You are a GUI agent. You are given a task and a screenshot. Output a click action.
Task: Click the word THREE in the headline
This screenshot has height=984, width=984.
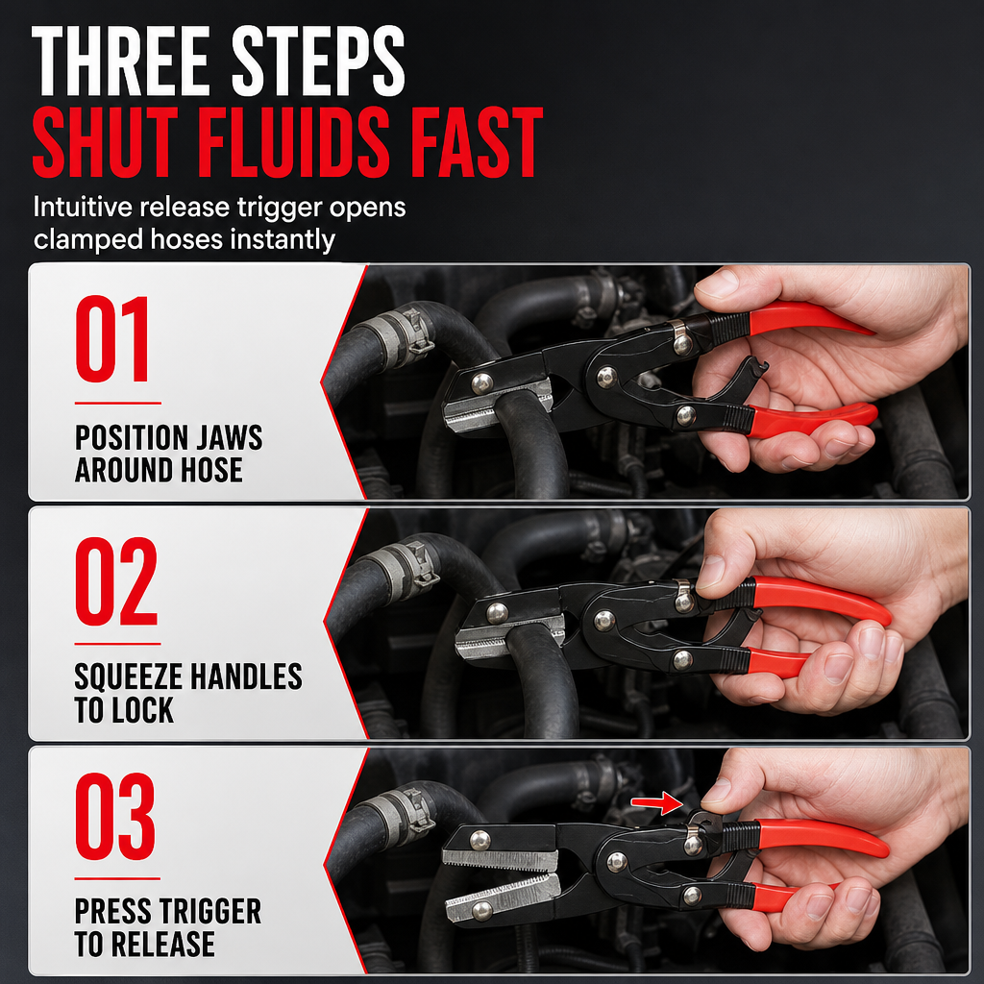pos(120,62)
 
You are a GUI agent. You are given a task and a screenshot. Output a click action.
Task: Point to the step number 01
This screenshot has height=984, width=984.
pos(112,339)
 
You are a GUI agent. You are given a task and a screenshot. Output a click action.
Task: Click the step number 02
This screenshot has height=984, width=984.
pos(116,581)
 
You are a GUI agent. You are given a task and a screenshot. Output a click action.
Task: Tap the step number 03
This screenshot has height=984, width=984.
pos(115,817)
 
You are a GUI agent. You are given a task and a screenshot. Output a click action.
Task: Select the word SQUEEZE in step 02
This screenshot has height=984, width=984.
pos(128,676)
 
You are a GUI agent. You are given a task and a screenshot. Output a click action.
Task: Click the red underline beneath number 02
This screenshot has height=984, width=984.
pos(118,643)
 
